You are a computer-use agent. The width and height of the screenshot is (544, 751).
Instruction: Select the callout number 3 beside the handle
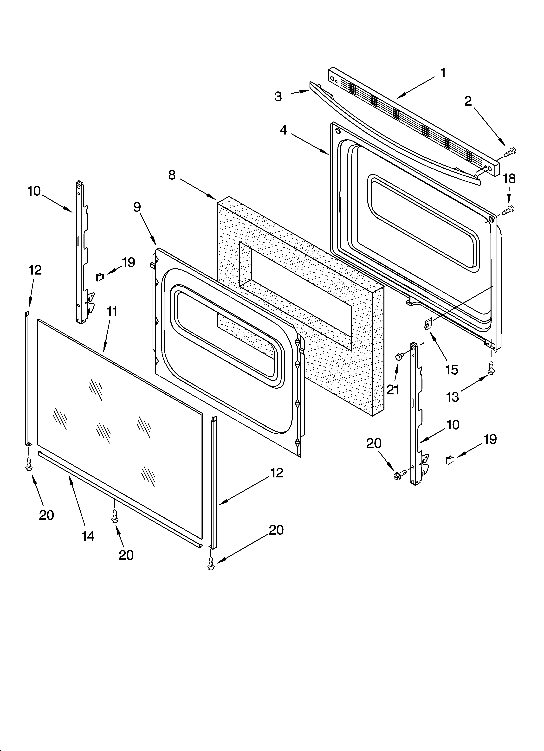pos(278,96)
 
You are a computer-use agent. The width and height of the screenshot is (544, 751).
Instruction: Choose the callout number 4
pos(283,130)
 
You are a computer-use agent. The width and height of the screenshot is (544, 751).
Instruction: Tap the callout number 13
pos(453,397)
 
